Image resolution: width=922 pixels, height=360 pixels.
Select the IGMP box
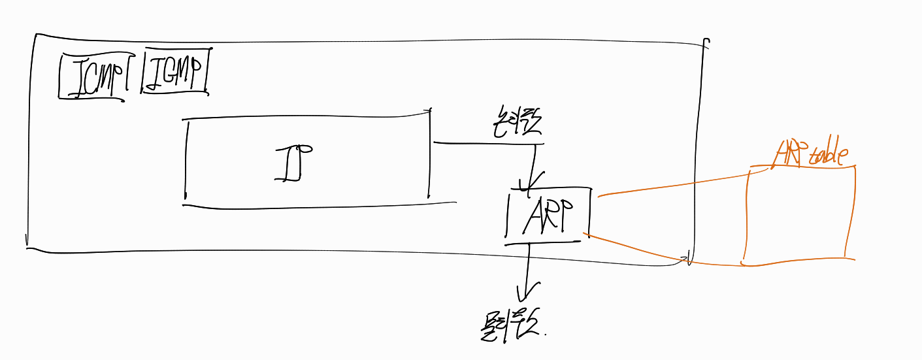coord(175,71)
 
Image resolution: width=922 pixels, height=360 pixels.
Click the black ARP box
coord(548,216)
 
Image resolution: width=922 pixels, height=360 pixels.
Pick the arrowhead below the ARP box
coord(527,291)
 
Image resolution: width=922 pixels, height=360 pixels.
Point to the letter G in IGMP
coord(168,71)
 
